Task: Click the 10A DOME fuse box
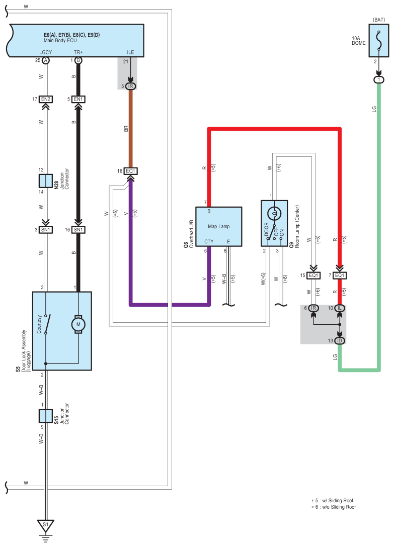click(x=378, y=40)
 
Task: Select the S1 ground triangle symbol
click(x=45, y=525)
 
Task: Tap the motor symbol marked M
click(x=78, y=324)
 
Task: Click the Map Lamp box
click(x=219, y=226)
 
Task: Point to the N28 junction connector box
click(x=45, y=181)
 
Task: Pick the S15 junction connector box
click(x=45, y=416)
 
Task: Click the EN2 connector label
click(x=46, y=99)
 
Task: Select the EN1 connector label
click(x=78, y=99)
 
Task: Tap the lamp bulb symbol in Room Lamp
click(x=274, y=213)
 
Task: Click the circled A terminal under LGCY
click(x=45, y=60)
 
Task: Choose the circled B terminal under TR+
click(x=78, y=60)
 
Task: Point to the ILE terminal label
click(x=130, y=52)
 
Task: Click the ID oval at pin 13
click(x=340, y=340)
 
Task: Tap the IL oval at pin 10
click(x=340, y=308)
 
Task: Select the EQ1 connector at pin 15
click(x=313, y=275)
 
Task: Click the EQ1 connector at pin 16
click(x=130, y=171)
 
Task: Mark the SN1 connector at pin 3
click(x=46, y=230)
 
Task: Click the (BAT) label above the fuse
click(x=379, y=20)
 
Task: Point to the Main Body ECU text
click(x=60, y=40)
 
